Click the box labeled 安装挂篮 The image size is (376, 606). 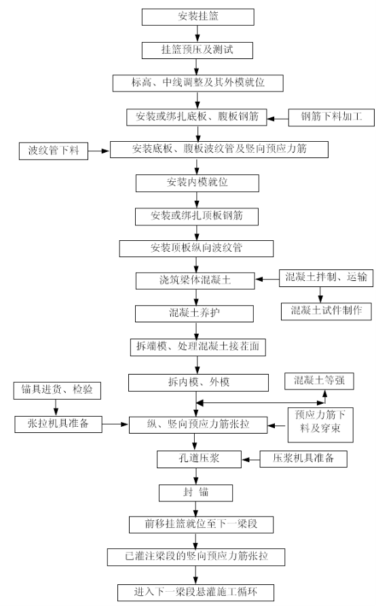point(198,17)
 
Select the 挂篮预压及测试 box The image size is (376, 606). point(198,50)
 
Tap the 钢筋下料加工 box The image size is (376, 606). point(331,117)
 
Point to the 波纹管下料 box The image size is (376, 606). point(54,151)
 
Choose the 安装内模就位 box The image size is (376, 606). point(197,183)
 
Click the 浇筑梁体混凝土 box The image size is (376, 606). point(195,280)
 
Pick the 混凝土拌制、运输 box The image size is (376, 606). point(326,278)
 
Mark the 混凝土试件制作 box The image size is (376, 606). point(326,311)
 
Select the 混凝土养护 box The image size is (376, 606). point(194,314)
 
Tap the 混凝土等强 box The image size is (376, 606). point(319,381)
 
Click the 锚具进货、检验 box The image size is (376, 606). point(57,391)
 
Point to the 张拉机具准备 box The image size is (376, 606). point(58,424)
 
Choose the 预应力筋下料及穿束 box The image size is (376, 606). point(320,425)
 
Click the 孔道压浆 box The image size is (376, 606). point(199,459)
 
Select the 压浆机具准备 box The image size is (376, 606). point(303,459)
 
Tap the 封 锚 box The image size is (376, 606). point(196,493)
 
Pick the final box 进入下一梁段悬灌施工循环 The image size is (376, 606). point(196,592)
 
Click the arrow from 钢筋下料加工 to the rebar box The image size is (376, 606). point(278,119)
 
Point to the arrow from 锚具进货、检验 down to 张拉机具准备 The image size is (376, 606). point(56,408)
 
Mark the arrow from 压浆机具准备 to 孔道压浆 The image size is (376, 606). point(251,459)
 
